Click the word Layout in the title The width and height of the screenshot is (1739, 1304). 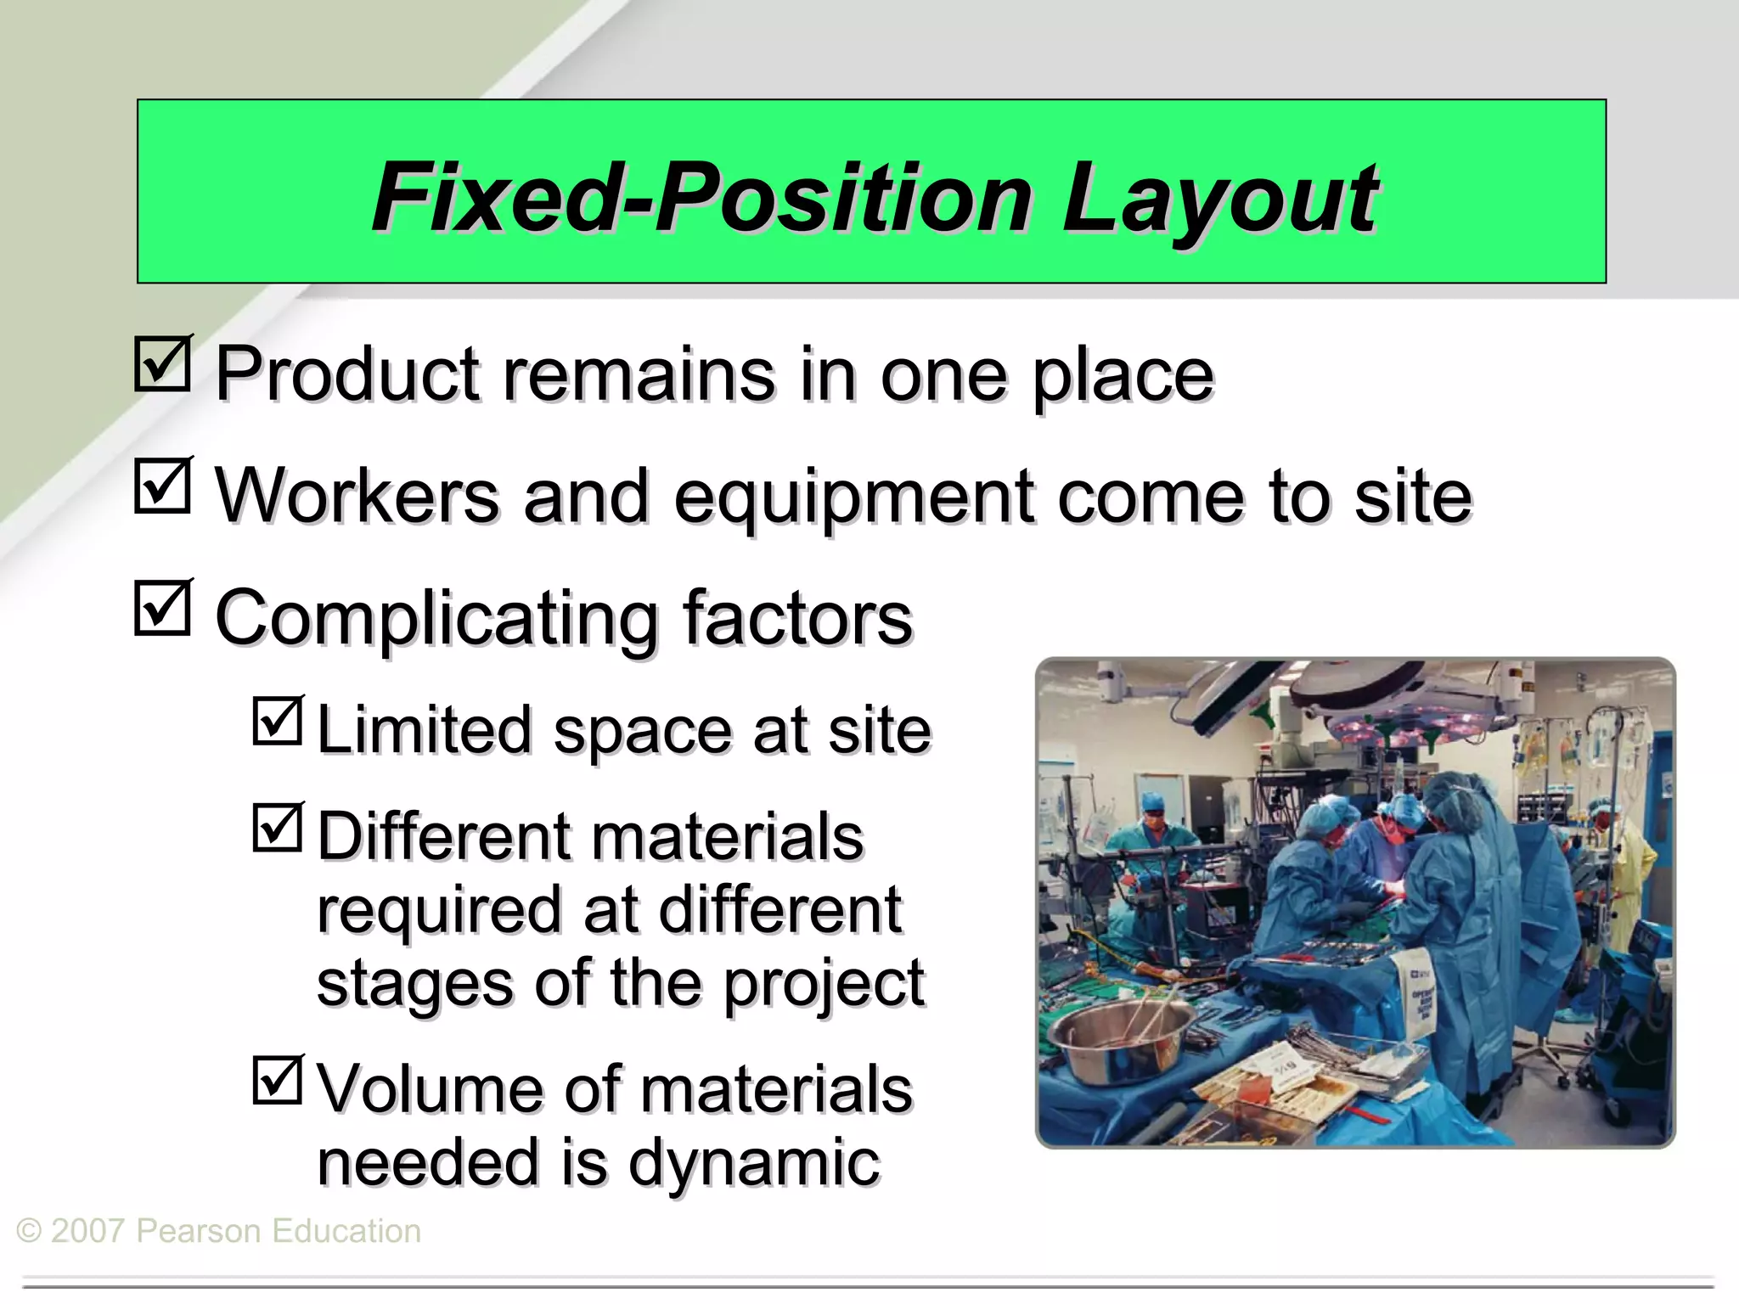[x=1219, y=200]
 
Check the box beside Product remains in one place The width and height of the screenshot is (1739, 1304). [x=162, y=364]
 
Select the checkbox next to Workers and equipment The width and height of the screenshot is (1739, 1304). [x=162, y=486]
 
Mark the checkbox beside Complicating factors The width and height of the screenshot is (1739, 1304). [x=162, y=608]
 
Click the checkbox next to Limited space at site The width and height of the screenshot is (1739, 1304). [x=278, y=721]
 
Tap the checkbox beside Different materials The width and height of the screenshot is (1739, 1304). [x=278, y=828]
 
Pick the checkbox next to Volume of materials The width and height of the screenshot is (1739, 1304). [x=278, y=1079]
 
